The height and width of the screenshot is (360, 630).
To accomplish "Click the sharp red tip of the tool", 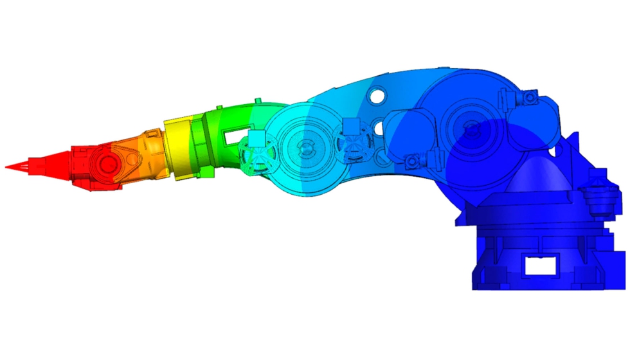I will (8, 167).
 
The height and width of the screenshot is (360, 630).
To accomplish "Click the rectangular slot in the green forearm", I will (231, 137).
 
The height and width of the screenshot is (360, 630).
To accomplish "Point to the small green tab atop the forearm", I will (256, 102).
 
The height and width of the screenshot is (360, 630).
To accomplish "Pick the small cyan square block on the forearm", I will (257, 138).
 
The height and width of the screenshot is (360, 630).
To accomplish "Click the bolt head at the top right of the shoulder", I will (528, 98).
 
